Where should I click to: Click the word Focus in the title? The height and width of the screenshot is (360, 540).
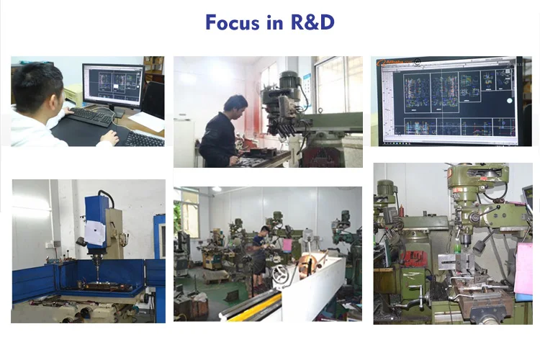tap(233, 22)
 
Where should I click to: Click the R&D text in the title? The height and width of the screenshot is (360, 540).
tap(312, 22)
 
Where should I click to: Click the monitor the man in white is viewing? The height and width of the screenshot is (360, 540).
tap(114, 86)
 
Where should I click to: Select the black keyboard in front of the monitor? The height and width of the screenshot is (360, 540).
tap(91, 117)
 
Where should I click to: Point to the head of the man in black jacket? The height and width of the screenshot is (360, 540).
tap(235, 107)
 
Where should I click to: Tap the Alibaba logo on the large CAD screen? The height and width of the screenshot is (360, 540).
tap(395, 63)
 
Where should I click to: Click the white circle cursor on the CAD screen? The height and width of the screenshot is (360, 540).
tap(509, 101)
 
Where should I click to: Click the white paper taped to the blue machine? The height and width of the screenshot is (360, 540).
tap(95, 233)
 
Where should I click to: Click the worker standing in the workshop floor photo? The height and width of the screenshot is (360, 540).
tap(259, 256)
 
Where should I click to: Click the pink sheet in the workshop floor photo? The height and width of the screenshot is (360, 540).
tap(287, 246)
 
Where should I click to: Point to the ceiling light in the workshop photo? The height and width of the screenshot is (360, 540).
tap(217, 189)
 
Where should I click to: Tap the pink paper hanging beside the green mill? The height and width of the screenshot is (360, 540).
tap(523, 268)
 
